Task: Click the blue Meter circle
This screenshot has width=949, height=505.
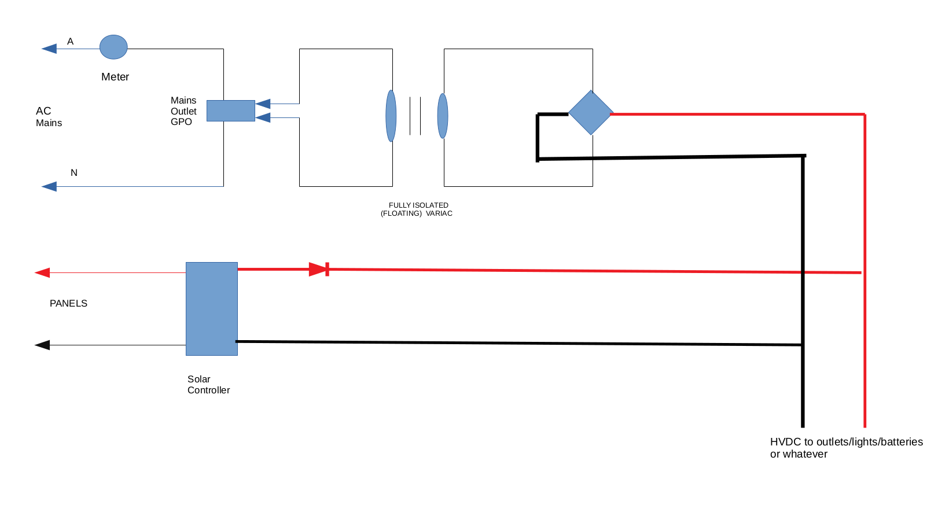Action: coord(113,47)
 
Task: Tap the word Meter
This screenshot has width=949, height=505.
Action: coord(115,77)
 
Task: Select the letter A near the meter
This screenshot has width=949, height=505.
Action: coord(71,42)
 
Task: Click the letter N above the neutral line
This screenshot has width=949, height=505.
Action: coord(74,173)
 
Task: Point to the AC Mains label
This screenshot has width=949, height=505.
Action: coord(49,117)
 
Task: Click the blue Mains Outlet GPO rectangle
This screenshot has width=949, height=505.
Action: coord(230,110)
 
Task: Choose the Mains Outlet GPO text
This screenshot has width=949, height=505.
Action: coord(183,111)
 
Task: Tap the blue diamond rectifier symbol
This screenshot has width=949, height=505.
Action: coord(590,113)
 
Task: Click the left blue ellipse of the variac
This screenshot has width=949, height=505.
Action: coord(391,116)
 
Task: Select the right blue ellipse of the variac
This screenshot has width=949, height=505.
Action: coord(443,116)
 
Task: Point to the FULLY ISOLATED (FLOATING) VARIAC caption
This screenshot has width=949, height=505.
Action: coord(417,209)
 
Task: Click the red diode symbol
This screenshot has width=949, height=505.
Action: coord(319,269)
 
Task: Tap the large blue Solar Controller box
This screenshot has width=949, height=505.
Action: coord(212,309)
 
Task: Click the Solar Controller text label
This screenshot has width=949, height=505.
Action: coord(208,385)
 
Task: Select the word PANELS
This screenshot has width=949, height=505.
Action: coord(68,304)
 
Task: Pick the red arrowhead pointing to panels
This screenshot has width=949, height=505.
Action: coord(42,272)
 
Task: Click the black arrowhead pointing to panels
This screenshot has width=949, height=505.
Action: coord(42,345)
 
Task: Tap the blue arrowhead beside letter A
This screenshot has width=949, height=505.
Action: coord(49,49)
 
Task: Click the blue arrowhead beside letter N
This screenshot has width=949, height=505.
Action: coord(49,186)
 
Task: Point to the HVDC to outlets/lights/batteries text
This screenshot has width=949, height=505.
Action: coord(846,448)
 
